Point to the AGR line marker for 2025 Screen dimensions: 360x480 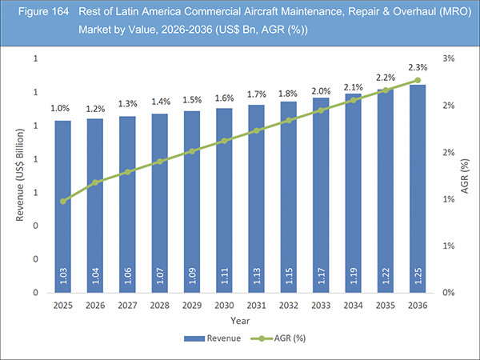tap(63, 201)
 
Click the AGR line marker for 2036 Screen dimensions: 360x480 tap(418, 80)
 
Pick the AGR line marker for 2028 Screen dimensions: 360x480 tap(160, 162)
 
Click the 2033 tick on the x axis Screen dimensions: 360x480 tap(322, 305)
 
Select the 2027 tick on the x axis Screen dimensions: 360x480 tap(128, 305)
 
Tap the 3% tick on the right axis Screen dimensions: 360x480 tap(449, 59)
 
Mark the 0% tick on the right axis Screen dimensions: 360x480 tap(449, 294)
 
